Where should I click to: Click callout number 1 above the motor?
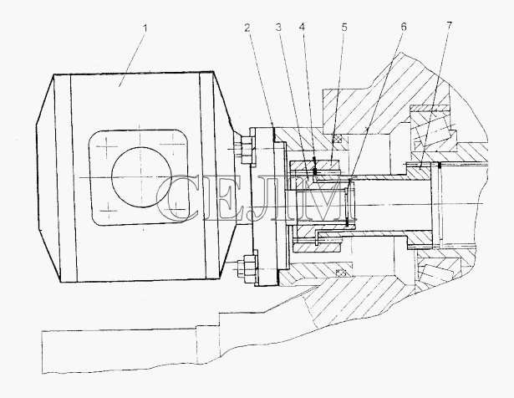pyautogui.click(x=145, y=28)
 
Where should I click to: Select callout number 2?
pyautogui.click(x=247, y=28)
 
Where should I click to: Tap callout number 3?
pyautogui.click(x=278, y=28)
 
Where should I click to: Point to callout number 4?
pyautogui.click(x=302, y=28)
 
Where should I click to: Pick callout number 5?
pyautogui.click(x=344, y=28)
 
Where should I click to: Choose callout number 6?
pyautogui.click(x=404, y=27)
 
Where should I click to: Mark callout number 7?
pyautogui.click(x=449, y=25)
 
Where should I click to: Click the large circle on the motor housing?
pyautogui.click(x=141, y=177)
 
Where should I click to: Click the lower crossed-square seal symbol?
pyautogui.click(x=342, y=273)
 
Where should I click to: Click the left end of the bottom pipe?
pyautogui.click(x=43, y=352)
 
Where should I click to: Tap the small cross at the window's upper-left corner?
pyautogui.click(x=105, y=145)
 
